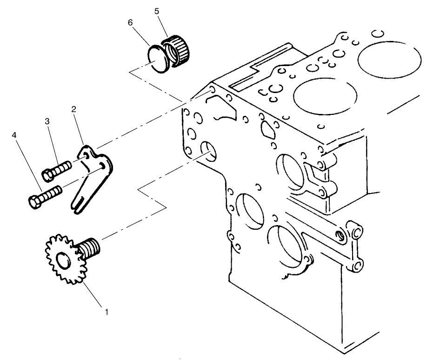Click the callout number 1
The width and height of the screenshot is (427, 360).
coord(106,311)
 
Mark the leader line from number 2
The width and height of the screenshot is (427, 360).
coord(79,128)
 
